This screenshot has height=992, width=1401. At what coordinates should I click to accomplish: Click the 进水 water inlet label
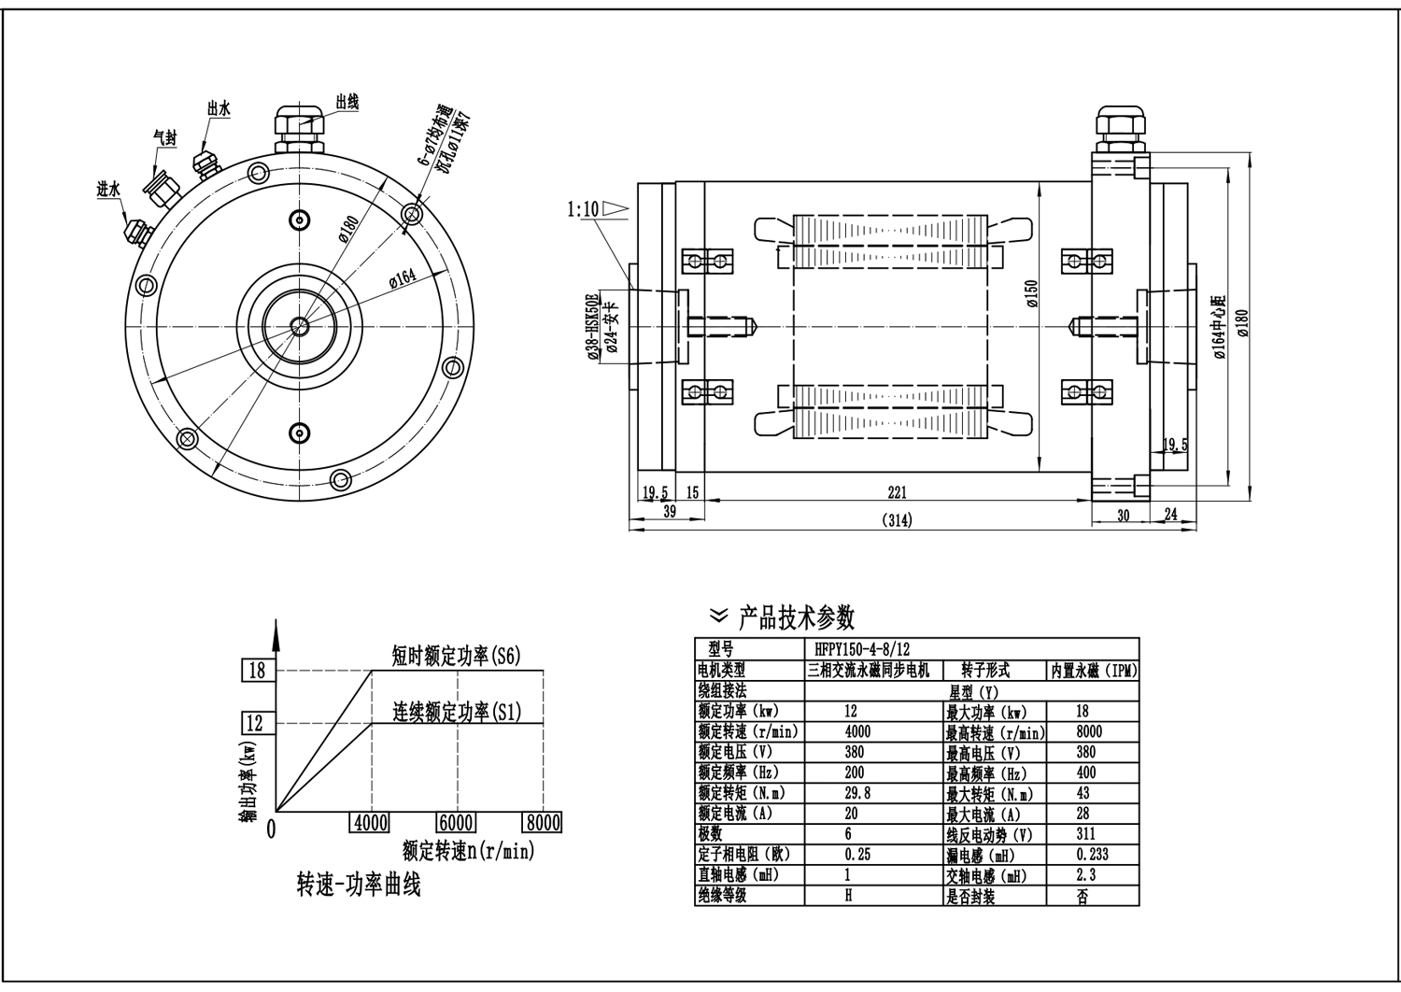click(109, 189)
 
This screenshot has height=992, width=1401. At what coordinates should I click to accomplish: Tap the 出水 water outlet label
click(219, 109)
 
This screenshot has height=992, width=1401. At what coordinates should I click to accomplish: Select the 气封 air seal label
click(165, 135)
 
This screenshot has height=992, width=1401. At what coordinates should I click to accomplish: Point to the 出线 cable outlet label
click(347, 102)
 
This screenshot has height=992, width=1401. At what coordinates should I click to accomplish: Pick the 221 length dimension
click(897, 492)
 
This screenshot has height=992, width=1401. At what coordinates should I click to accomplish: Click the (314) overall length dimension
click(897, 519)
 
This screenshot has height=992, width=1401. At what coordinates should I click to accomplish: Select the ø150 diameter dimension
click(1031, 293)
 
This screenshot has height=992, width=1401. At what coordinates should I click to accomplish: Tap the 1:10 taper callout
click(582, 208)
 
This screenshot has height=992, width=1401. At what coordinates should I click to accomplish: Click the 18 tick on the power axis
click(256, 670)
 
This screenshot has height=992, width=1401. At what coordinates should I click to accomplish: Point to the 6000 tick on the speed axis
click(455, 823)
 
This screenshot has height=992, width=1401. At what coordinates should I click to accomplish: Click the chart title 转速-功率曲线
click(359, 885)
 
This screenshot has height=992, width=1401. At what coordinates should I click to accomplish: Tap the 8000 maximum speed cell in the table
click(1089, 731)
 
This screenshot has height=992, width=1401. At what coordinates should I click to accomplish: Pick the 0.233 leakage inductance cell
click(1092, 854)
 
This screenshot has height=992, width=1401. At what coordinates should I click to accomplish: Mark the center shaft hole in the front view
click(300, 326)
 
